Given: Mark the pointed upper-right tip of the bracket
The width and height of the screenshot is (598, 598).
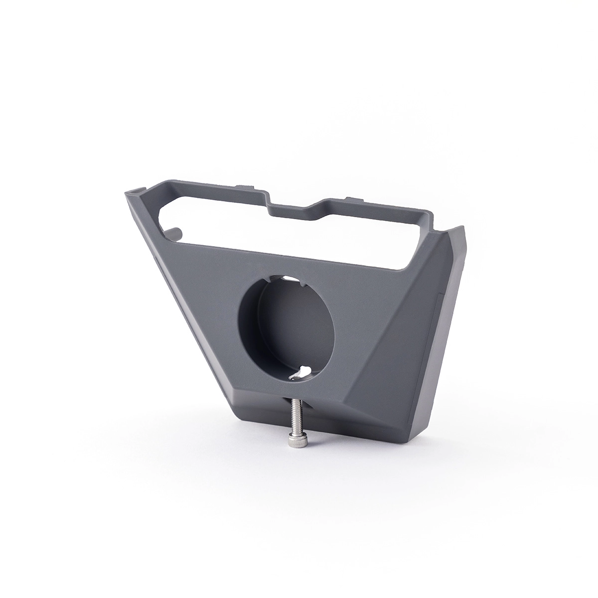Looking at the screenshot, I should click(463, 227).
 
